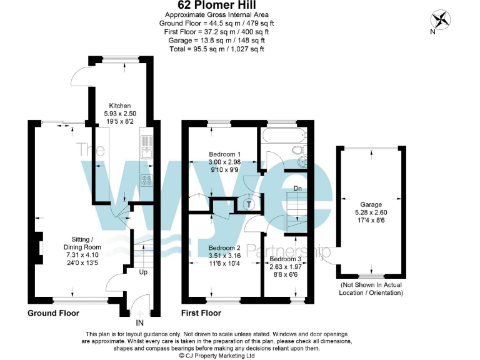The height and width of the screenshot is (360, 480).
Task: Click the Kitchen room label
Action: (x=120, y=105)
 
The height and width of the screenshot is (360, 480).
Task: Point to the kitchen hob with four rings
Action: (x=147, y=181)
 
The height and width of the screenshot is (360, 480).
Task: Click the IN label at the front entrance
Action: (x=140, y=323)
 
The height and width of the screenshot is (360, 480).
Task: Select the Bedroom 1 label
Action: (x=224, y=154)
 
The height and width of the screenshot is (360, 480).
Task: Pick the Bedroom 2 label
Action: (x=224, y=247)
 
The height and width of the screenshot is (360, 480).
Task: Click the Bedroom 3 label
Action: (x=286, y=259)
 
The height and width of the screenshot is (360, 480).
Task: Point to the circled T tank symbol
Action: (x=249, y=204)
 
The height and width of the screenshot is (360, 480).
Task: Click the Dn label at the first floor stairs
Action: (x=298, y=188)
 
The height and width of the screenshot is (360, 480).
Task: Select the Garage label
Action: (x=371, y=204)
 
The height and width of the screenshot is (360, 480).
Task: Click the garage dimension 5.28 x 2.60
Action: (x=371, y=212)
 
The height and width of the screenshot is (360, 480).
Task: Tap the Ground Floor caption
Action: (x=53, y=312)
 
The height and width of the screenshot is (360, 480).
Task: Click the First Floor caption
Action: (x=201, y=312)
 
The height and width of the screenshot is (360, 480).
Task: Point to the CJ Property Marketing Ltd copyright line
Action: (x=217, y=355)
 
